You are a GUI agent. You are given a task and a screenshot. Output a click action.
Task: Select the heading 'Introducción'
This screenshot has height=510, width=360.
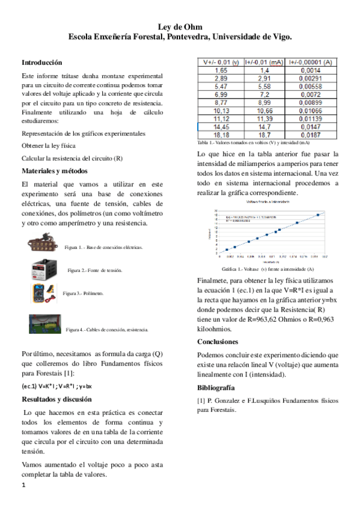(x=41, y=63)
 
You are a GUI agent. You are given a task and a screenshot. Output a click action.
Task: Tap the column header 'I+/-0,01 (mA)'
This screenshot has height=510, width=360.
(x=264, y=62)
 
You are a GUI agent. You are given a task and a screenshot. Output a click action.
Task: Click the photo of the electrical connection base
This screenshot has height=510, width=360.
(x=44, y=245)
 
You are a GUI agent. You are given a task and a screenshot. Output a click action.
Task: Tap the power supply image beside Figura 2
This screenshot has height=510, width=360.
(x=48, y=269)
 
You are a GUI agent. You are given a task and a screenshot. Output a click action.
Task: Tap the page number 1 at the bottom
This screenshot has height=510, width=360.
(x=23, y=484)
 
